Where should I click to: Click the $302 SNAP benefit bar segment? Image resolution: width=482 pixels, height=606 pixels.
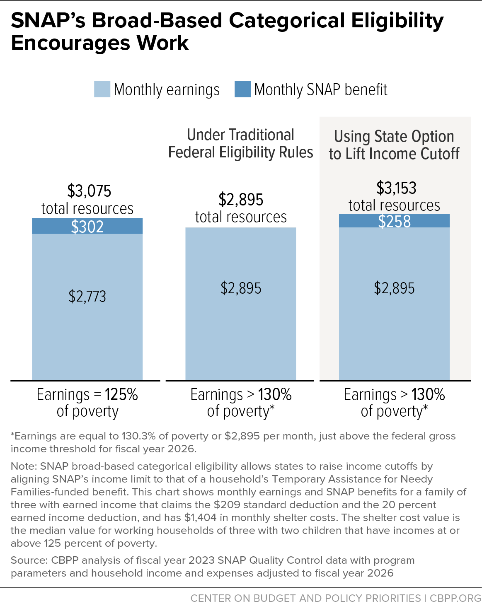(87, 226)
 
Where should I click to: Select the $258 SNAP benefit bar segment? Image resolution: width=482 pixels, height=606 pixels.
(394, 220)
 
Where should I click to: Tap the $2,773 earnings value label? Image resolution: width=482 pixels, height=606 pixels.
(87, 296)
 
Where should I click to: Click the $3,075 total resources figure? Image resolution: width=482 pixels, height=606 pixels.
(89, 191)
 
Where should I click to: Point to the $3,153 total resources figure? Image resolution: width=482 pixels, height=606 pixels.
(396, 188)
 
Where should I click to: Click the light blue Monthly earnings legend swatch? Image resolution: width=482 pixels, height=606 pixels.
(102, 89)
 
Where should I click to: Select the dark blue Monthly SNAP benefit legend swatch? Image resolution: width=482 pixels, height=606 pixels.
(242, 89)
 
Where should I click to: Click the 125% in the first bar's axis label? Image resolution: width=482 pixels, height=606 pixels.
(121, 394)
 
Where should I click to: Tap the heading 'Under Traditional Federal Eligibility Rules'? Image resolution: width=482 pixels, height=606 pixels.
(240, 143)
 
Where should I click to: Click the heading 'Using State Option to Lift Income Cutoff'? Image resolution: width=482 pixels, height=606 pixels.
(394, 145)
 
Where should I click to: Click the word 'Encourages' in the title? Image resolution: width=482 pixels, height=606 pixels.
(70, 43)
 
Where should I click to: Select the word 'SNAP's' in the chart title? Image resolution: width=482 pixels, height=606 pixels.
(48, 21)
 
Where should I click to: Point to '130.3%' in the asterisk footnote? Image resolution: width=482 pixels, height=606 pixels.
(138, 436)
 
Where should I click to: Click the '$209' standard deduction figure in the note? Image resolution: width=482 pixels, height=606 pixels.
(227, 505)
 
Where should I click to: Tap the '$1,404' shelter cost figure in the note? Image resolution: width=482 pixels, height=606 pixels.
(200, 518)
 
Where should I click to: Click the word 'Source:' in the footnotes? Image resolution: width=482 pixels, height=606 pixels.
(29, 560)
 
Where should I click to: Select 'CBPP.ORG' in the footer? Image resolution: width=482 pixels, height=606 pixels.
(455, 598)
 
